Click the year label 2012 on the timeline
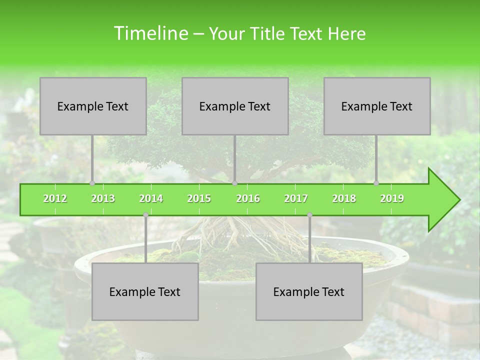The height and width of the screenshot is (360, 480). (x=55, y=198)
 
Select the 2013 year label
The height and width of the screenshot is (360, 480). (x=103, y=198)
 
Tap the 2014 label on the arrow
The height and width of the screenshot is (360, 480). (x=151, y=198)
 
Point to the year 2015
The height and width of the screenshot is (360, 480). (x=199, y=198)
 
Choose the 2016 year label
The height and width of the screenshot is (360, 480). (x=248, y=198)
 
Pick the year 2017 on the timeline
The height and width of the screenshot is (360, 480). (x=296, y=198)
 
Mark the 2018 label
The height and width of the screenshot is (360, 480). (x=344, y=198)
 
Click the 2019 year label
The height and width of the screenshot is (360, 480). (x=392, y=198)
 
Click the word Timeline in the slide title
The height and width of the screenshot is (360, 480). (x=150, y=33)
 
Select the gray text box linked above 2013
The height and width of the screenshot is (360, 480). (x=93, y=106)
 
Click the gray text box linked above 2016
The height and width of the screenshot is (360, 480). (x=235, y=106)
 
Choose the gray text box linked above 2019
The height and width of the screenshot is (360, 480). (x=377, y=106)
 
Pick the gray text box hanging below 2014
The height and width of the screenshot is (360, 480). (x=145, y=291)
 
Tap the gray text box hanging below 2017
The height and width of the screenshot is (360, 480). (x=309, y=291)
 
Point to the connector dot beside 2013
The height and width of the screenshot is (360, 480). (x=92, y=183)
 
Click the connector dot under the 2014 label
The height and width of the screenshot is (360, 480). (x=145, y=215)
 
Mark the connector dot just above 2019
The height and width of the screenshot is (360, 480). (x=376, y=183)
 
